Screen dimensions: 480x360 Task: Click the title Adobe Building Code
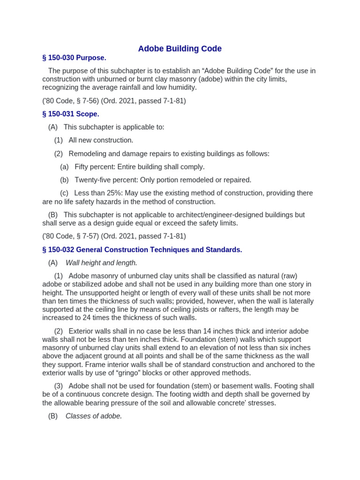(x=180, y=49)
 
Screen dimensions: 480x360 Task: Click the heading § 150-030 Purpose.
(x=74, y=58)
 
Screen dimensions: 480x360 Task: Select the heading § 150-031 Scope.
(x=71, y=114)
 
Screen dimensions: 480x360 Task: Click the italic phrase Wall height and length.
(x=101, y=263)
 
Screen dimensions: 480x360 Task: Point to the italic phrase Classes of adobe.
(x=94, y=416)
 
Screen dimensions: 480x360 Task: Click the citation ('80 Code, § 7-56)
(x=68, y=101)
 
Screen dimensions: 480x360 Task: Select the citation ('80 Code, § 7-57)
(x=68, y=236)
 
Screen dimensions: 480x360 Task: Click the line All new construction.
(x=101, y=140)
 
